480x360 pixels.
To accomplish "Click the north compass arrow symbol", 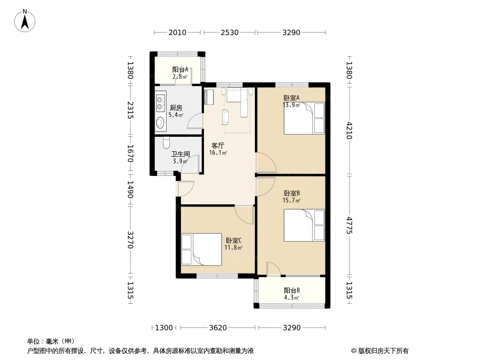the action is click(25, 21).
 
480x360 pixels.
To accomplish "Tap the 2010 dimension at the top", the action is click(177, 32).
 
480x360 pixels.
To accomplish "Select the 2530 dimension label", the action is click(230, 32).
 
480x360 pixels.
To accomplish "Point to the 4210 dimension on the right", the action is click(349, 130).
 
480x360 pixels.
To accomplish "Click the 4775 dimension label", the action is click(349, 225).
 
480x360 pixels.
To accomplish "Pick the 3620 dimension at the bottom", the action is click(218, 328).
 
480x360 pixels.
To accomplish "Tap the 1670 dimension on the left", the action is click(130, 153).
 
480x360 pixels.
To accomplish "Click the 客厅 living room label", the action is click(217, 146).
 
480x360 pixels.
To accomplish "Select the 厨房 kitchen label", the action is click(176, 108).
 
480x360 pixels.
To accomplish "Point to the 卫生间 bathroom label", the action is click(180, 154).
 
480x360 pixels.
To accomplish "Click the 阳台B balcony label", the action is click(292, 290).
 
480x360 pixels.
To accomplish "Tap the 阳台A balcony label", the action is click(180, 69).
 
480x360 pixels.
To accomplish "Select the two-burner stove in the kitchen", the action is click(159, 103).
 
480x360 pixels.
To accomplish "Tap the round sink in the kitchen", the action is click(160, 123).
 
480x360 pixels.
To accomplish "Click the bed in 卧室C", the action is click(201, 249).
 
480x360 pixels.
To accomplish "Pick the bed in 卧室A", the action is click(304, 118).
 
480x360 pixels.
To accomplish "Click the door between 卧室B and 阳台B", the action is click(273, 269).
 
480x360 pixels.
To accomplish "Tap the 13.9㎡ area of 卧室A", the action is click(291, 105).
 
